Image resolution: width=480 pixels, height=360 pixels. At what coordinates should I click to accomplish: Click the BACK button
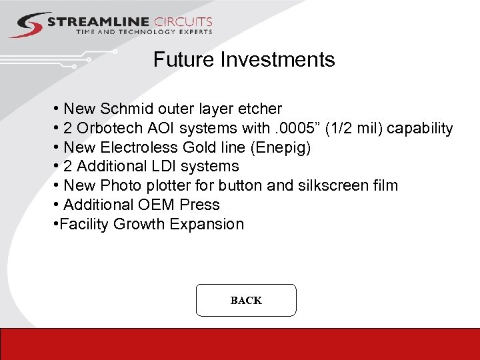pyautogui.click(x=246, y=300)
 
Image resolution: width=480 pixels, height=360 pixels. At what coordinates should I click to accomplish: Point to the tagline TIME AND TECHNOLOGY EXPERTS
pyautogui.click(x=144, y=32)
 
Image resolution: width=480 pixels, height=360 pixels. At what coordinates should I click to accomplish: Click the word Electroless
pyautogui.click(x=139, y=147)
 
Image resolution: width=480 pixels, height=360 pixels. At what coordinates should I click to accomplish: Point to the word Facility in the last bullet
pyautogui.click(x=85, y=224)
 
